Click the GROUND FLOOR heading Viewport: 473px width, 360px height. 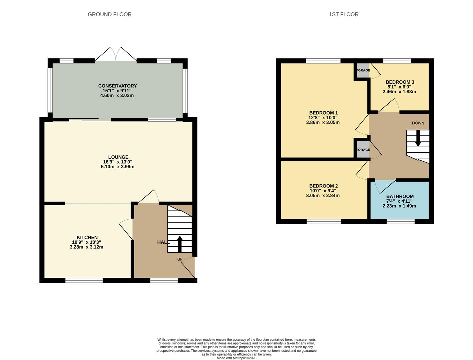(x=110, y=14)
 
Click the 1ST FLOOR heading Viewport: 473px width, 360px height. (x=343, y=14)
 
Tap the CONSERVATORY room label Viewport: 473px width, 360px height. (x=117, y=86)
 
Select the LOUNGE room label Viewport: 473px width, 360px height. (x=118, y=157)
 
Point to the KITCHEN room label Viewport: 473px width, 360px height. (x=87, y=238)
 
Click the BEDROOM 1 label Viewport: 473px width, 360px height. (x=323, y=113)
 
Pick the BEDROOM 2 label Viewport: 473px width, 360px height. (x=323, y=186)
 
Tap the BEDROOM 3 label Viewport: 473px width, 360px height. (x=400, y=82)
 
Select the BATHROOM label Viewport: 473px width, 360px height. (x=400, y=197)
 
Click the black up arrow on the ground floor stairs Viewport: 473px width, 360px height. (x=180, y=243)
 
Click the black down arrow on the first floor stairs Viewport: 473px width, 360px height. (x=418, y=139)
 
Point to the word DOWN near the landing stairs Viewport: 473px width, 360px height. (x=418, y=123)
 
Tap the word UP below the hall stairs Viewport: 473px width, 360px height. (x=180, y=259)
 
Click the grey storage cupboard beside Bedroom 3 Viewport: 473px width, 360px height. (x=363, y=70)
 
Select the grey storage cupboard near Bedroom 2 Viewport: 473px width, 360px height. (x=363, y=150)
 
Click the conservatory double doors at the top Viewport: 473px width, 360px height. (x=116, y=55)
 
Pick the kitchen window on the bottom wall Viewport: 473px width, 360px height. (x=84, y=280)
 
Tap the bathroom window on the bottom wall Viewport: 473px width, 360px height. (x=400, y=221)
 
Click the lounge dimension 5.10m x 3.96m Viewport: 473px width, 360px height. (x=118, y=167)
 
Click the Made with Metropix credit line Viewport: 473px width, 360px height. (x=236, y=358)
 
